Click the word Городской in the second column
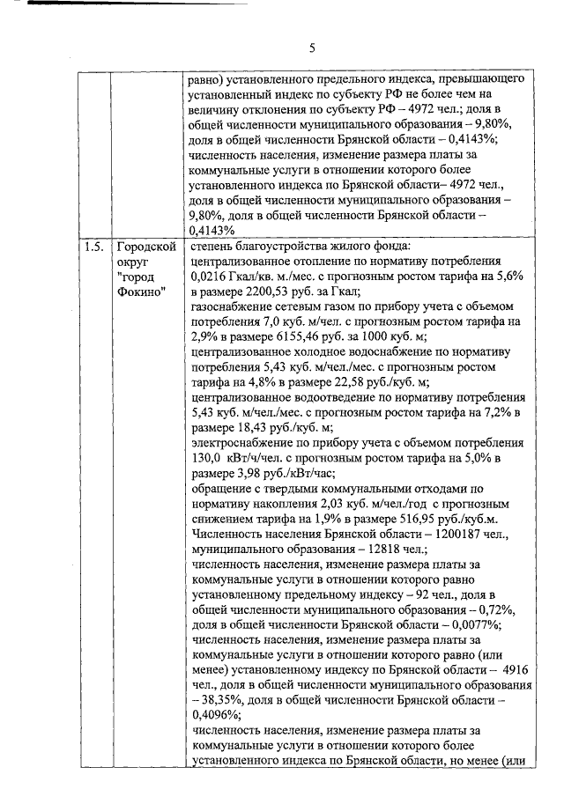(x=145, y=247)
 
